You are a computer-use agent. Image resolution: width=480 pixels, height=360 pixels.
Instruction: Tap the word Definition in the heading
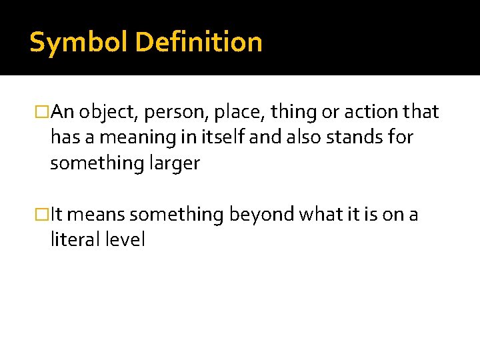click(199, 43)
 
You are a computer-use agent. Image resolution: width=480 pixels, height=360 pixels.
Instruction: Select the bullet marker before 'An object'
click(44, 112)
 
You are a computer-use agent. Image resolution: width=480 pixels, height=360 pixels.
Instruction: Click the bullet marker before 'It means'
click(44, 215)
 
